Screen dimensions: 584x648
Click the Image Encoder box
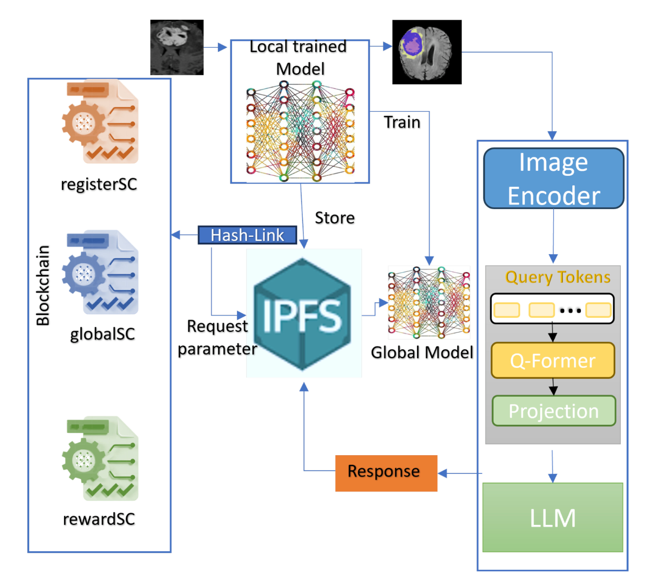pyautogui.click(x=554, y=178)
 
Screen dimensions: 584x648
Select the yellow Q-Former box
pyautogui.click(x=553, y=360)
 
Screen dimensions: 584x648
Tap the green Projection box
pyautogui.click(x=554, y=411)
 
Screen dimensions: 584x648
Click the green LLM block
pyautogui.click(x=553, y=517)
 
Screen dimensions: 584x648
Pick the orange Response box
pyautogui.click(x=386, y=473)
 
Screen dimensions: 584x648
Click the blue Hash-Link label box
pyautogui.click(x=247, y=235)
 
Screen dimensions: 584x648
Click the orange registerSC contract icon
pyautogui.click(x=100, y=122)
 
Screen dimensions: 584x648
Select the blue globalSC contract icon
pyautogui.click(x=100, y=273)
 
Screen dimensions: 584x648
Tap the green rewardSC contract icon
pyautogui.click(x=100, y=459)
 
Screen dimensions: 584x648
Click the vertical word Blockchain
pyautogui.click(x=43, y=285)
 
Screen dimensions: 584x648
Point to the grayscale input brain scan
pyautogui.click(x=177, y=47)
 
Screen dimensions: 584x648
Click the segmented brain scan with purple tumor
pyautogui.click(x=426, y=52)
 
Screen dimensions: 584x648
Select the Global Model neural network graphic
pyautogui.click(x=428, y=302)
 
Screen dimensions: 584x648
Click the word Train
pyautogui.click(x=402, y=122)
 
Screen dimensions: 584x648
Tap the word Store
pyautogui.click(x=335, y=218)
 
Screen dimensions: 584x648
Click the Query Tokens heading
pyautogui.click(x=558, y=277)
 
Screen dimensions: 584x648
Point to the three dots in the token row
pyautogui.click(x=570, y=310)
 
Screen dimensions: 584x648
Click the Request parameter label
pyautogui.click(x=218, y=337)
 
